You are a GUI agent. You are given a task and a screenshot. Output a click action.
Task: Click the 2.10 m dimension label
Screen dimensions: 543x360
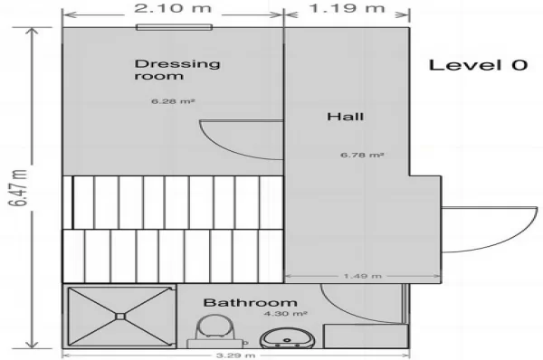[x=173, y=7]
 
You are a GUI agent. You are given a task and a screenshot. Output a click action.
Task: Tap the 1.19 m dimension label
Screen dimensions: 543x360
[x=347, y=7]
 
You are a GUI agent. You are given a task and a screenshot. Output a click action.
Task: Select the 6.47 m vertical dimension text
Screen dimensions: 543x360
[x=18, y=188]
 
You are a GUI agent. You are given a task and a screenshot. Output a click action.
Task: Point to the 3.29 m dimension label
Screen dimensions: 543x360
[x=236, y=355]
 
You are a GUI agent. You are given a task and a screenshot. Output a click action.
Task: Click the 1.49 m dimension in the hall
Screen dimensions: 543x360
[x=363, y=276]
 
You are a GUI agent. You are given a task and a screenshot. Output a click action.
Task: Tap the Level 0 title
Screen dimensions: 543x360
[x=478, y=65]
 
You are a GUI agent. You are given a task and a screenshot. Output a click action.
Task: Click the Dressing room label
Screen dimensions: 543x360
[x=177, y=70]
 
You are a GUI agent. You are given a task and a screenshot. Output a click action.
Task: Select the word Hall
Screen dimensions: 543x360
[x=346, y=117]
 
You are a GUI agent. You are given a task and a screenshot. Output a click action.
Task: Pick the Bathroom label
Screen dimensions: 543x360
[x=250, y=302]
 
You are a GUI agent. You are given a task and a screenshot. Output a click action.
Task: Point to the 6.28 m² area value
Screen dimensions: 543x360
[x=173, y=101]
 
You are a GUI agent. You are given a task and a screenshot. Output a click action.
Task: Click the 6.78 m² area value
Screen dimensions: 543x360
[x=362, y=155]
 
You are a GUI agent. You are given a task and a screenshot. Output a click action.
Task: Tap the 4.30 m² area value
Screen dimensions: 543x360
[x=285, y=314]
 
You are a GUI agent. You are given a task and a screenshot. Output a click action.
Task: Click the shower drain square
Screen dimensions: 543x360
[x=120, y=316]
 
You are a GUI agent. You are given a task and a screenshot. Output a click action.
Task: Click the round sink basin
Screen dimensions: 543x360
[x=287, y=338]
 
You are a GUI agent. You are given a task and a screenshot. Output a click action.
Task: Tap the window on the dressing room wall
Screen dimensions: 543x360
[x=174, y=27]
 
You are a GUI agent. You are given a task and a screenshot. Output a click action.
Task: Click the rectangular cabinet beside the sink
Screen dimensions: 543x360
[x=366, y=336]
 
